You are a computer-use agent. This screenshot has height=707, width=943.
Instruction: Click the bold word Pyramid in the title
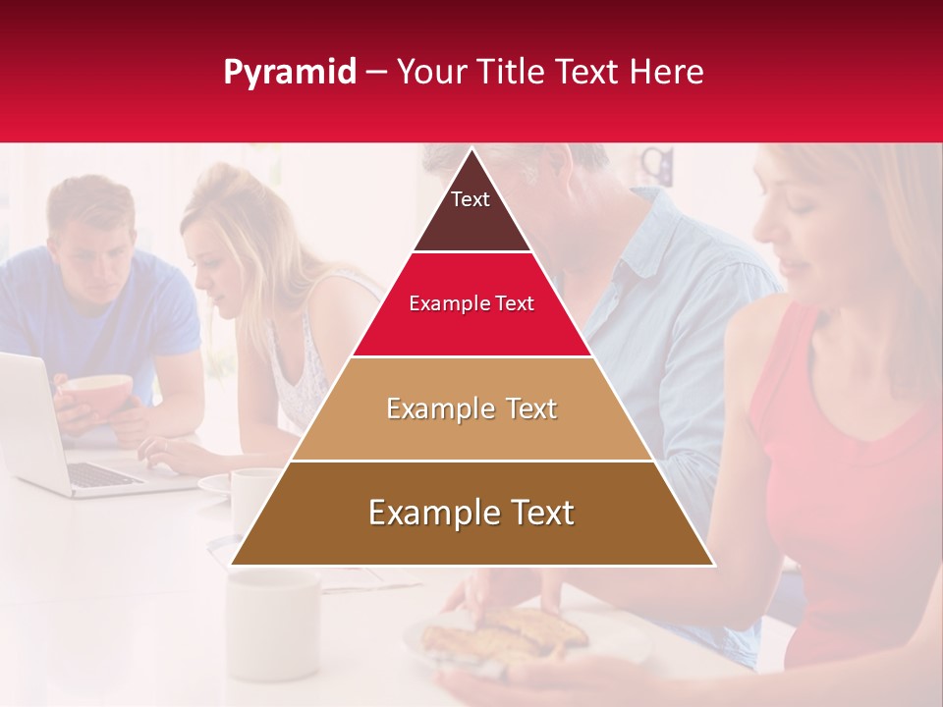289,73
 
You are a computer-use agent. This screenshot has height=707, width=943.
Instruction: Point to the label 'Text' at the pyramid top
471,199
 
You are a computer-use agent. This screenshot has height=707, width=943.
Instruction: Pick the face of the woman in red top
796,226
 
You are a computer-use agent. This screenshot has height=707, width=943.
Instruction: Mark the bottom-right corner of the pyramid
713,565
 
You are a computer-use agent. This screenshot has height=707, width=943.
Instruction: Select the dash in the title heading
376,73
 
